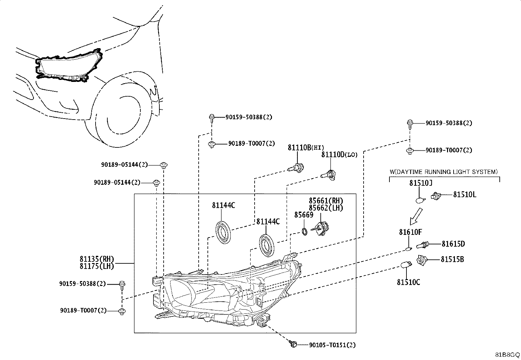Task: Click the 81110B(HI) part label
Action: [306, 147]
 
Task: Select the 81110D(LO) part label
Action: [339, 155]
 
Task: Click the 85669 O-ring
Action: [304, 232]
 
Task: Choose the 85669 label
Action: [304, 215]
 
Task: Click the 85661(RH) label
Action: [326, 200]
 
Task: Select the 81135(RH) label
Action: [97, 259]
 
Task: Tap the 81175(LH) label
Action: [97, 266]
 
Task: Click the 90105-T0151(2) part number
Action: [332, 345]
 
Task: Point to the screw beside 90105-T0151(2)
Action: [293, 344]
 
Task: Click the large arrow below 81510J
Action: [416, 217]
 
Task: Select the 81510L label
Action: [464, 195]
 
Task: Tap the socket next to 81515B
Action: [422, 260]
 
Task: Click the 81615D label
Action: [453, 244]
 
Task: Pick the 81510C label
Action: [408, 282]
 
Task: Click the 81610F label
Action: [410, 232]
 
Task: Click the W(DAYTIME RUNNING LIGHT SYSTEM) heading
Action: [444, 172]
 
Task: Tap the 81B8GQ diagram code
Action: [507, 355]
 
